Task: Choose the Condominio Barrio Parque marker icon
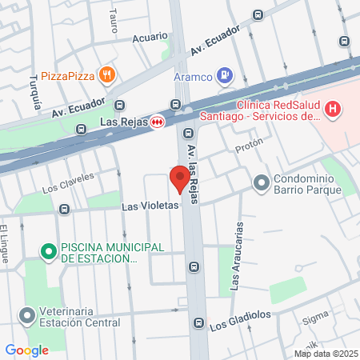261,183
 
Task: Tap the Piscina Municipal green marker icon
49,252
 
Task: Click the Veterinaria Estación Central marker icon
29,316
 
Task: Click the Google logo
27,350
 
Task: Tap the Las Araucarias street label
235,267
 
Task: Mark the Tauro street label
113,20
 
